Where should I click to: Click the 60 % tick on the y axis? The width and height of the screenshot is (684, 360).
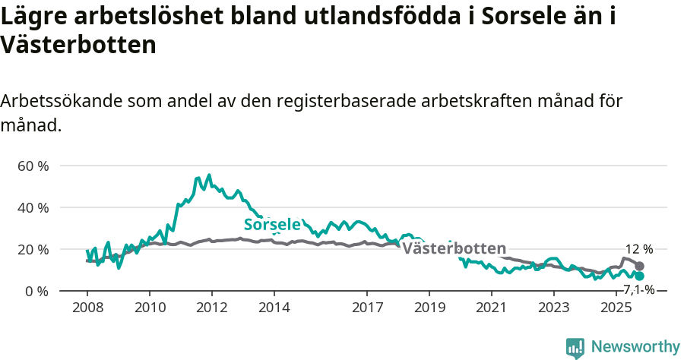33,166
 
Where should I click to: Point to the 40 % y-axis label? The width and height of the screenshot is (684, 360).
33,207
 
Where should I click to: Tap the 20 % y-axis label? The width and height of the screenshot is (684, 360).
33,249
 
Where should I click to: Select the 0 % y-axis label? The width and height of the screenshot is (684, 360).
36,291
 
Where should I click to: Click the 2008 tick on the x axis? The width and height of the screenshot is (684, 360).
87,308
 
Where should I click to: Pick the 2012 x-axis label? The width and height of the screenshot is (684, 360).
211,308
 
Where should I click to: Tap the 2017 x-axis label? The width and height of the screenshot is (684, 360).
367,308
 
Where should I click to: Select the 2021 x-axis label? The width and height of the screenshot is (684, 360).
491,308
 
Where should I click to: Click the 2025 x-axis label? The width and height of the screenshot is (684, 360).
616,308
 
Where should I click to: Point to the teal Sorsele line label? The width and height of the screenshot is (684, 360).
271,224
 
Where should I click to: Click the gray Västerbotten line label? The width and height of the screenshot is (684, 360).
454,248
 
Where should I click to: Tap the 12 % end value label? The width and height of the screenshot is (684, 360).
638,249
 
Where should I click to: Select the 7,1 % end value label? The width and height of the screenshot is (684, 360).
639,289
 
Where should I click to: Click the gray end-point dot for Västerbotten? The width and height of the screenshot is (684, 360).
640,267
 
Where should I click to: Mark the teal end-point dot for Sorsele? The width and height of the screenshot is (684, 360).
640,276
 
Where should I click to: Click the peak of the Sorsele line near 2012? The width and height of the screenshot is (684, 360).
209,175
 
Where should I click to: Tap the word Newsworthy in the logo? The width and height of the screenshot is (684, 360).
635,347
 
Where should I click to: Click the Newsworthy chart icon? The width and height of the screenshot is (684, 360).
575,348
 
